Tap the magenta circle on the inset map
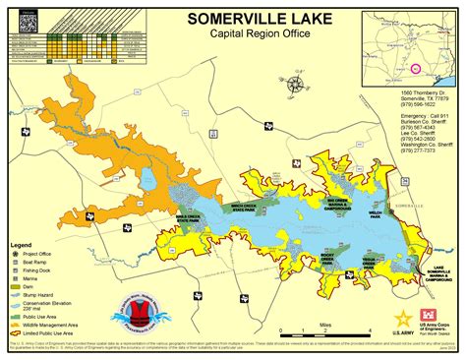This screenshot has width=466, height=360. [416, 69]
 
